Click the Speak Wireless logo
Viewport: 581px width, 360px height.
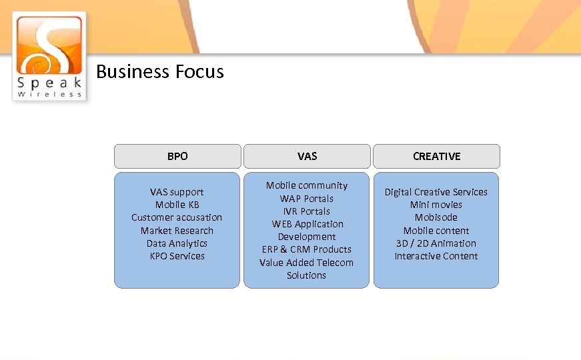pyautogui.click(x=49, y=56)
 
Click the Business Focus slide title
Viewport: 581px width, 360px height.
pyautogui.click(x=160, y=71)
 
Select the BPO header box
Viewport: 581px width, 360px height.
pyautogui.click(x=177, y=156)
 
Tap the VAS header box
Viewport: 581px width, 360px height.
pyautogui.click(x=307, y=156)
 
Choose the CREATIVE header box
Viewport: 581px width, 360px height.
pyautogui.click(x=436, y=156)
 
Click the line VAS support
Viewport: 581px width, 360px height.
pyautogui.click(x=177, y=192)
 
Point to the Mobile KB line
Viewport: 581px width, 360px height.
pyautogui.click(x=177, y=205)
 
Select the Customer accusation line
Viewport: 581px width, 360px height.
pyautogui.click(x=177, y=217)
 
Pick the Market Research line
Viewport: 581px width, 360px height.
pyautogui.click(x=177, y=231)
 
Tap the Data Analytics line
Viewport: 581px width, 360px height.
pyautogui.click(x=177, y=243)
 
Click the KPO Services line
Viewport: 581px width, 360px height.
pyautogui.click(x=177, y=256)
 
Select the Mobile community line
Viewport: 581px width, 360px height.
pyautogui.click(x=307, y=185)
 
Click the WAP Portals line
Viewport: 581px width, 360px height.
pyautogui.click(x=307, y=199)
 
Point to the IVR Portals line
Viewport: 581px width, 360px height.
pyautogui.click(x=307, y=211)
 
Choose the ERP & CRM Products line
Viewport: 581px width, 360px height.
pyautogui.click(x=307, y=249)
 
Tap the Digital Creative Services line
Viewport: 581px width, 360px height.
pyautogui.click(x=436, y=192)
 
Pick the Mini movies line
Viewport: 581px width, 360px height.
pyautogui.click(x=436, y=205)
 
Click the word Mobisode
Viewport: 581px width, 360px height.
pyautogui.click(x=436, y=217)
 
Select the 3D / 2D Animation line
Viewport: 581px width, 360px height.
pyautogui.click(x=436, y=243)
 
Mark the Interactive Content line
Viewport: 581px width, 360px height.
pyautogui.click(x=436, y=256)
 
